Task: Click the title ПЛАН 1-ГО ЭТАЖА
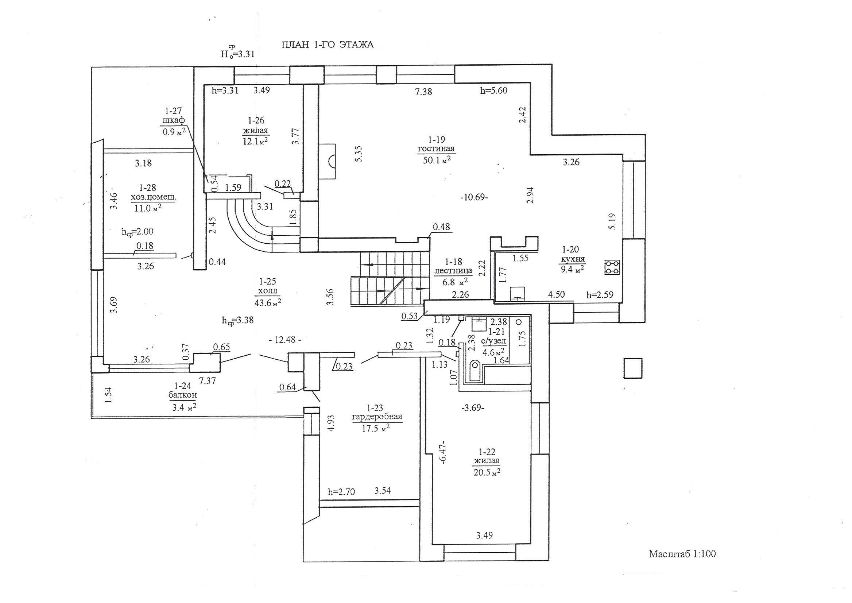pos(328,45)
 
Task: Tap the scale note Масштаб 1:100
pos(682,565)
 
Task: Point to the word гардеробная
pos(377,416)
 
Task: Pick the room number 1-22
pos(487,452)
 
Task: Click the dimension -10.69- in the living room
pos(474,198)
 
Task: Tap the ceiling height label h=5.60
pos(493,90)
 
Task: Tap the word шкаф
pos(173,121)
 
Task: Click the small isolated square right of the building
pos(632,368)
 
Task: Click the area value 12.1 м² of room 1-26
pos(256,142)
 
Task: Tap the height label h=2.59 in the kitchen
pos(600,295)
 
